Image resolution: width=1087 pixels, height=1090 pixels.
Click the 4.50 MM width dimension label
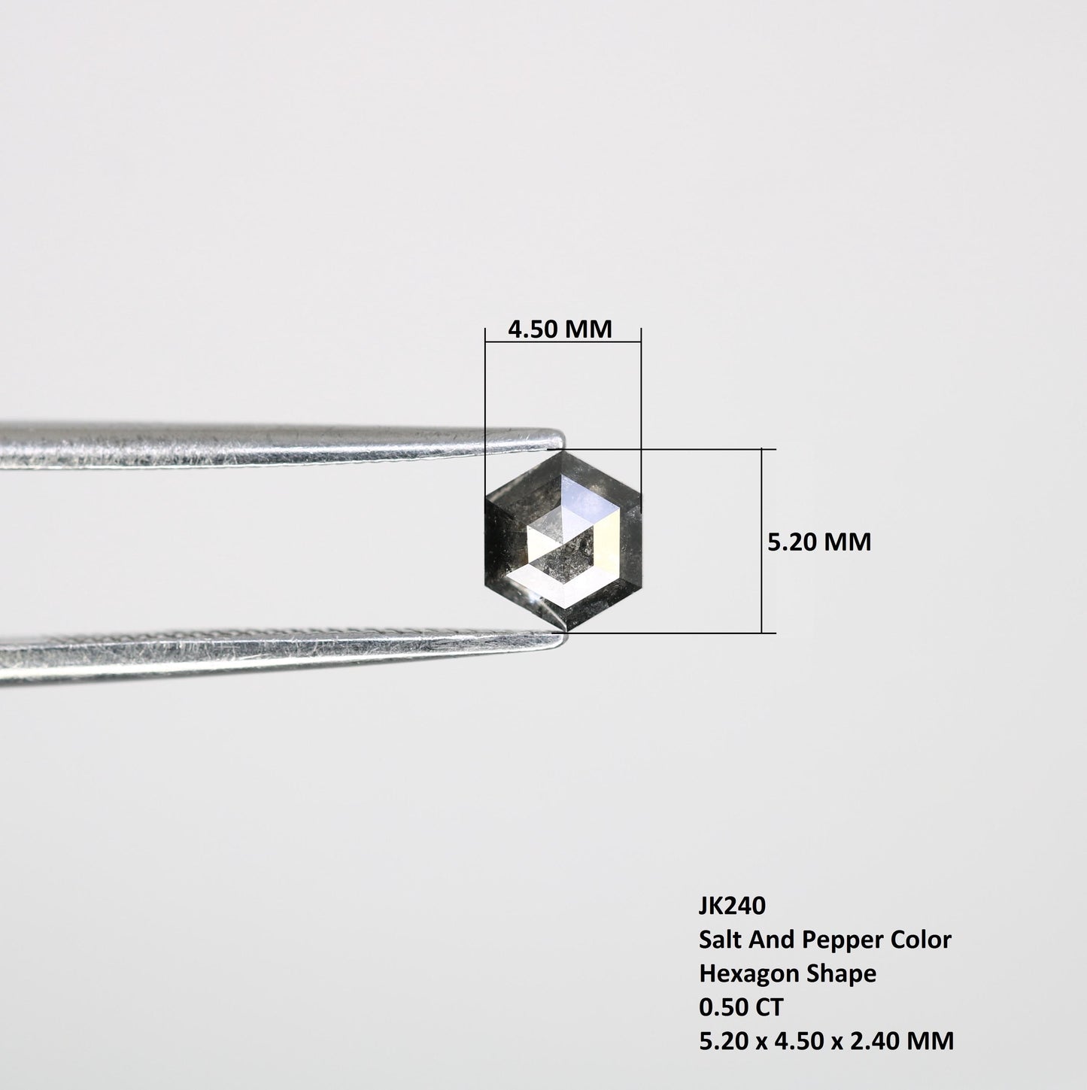coord(560,329)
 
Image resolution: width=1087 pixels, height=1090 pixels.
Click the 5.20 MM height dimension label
coord(818,542)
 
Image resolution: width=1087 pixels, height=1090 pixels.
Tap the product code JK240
coord(732,906)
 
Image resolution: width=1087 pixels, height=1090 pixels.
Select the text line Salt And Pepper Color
coord(825,940)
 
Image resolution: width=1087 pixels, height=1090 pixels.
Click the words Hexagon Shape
coord(788,973)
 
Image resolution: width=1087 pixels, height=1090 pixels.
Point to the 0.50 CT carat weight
coord(741,1007)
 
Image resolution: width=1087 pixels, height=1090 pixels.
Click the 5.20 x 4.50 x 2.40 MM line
coord(826,1041)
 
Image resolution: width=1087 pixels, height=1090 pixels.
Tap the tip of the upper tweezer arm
coord(563,439)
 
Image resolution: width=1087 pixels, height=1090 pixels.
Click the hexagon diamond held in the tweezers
coord(563,540)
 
